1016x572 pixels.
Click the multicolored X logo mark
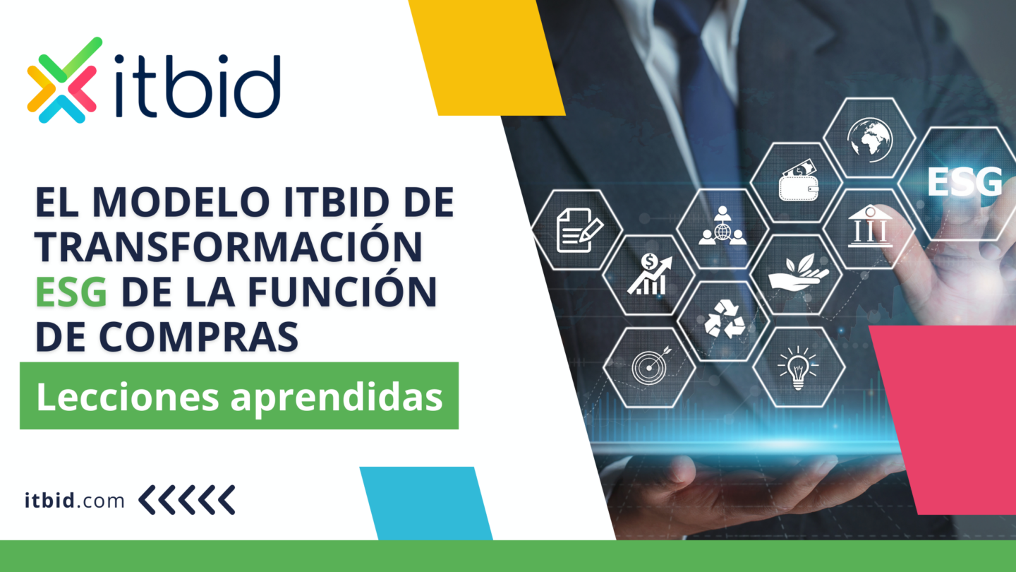[61, 80]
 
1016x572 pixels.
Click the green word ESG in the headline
[71, 292]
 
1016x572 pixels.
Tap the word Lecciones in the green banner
[127, 397]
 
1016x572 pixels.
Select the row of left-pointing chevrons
[187, 500]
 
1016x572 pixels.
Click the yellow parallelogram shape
[487, 56]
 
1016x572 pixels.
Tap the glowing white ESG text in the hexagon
[964, 181]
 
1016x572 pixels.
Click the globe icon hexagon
[870, 136]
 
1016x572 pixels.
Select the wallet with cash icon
[797, 182]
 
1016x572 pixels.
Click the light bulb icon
[797, 367]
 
